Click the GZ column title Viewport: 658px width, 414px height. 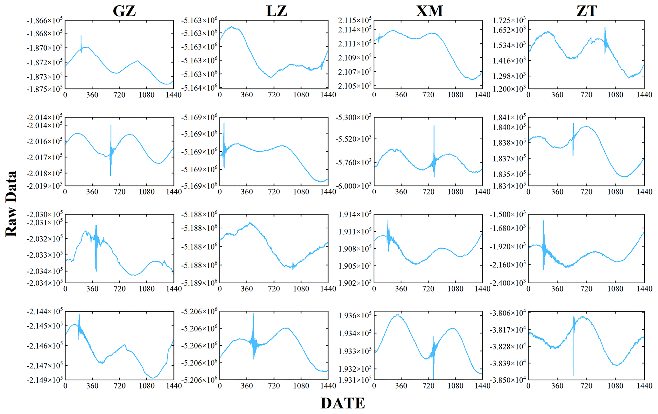click(124, 11)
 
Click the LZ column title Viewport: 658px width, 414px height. click(276, 11)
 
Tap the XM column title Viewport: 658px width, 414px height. click(429, 11)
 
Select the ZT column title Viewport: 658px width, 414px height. click(586, 11)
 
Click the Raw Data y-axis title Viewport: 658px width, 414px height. click(11, 204)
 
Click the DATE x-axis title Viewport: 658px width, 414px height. click(343, 404)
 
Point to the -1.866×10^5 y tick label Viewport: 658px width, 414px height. click(45, 21)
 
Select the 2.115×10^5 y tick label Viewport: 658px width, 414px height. click(355, 21)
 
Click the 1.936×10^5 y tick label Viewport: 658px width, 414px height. click(355, 316)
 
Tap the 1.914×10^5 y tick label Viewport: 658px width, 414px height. click(355, 215)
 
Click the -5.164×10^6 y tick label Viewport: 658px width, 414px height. click(199, 88)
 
